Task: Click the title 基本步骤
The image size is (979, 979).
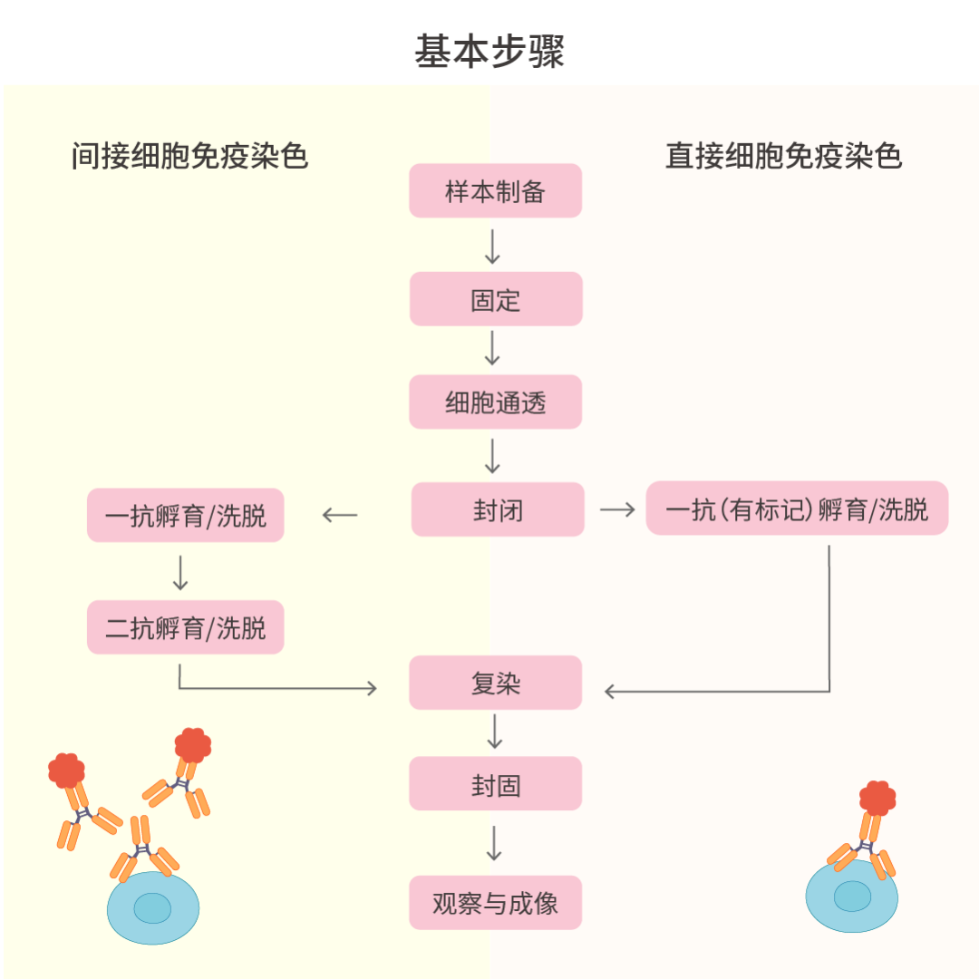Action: (489, 52)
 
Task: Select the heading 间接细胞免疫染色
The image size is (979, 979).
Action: (190, 156)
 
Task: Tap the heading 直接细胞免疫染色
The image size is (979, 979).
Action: (784, 156)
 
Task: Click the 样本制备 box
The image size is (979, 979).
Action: (495, 191)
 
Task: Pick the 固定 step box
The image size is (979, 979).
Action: (495, 299)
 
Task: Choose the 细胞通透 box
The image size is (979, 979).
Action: (495, 402)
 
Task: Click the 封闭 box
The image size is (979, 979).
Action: (498, 509)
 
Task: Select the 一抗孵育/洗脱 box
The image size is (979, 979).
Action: (186, 516)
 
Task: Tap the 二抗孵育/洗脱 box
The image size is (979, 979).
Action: (186, 627)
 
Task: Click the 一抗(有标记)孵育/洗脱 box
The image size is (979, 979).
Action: (797, 509)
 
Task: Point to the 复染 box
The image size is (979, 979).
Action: (495, 683)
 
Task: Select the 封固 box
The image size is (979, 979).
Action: (495, 784)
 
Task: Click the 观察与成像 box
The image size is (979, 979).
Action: (495, 903)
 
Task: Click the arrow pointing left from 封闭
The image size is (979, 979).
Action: (340, 516)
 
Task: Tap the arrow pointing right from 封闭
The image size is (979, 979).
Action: (617, 509)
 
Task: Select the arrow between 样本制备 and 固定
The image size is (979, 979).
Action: (493, 246)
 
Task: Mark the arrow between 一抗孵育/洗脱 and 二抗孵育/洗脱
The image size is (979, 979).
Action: (180, 571)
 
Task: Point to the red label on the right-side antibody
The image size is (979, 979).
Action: (877, 797)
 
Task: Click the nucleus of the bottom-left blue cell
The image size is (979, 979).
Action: (152, 907)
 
